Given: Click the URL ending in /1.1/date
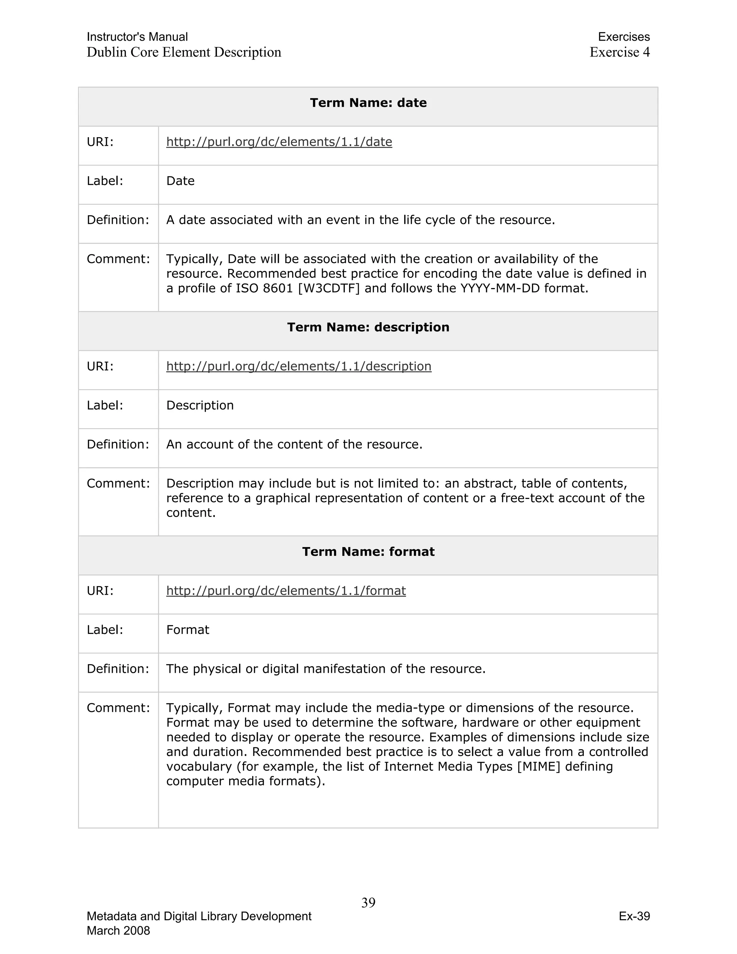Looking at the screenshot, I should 279,142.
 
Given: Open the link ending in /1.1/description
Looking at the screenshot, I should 299,366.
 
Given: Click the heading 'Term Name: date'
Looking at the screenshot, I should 368,103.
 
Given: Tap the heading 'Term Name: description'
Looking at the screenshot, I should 368,327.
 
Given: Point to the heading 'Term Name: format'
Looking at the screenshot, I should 368,552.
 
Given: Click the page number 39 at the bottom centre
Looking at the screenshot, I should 368,903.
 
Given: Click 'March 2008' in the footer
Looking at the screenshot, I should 118,931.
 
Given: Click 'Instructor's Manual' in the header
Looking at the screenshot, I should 137,37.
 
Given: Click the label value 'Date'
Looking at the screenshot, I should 180,181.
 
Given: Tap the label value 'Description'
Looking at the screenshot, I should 200,405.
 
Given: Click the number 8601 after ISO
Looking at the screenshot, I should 278,288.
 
